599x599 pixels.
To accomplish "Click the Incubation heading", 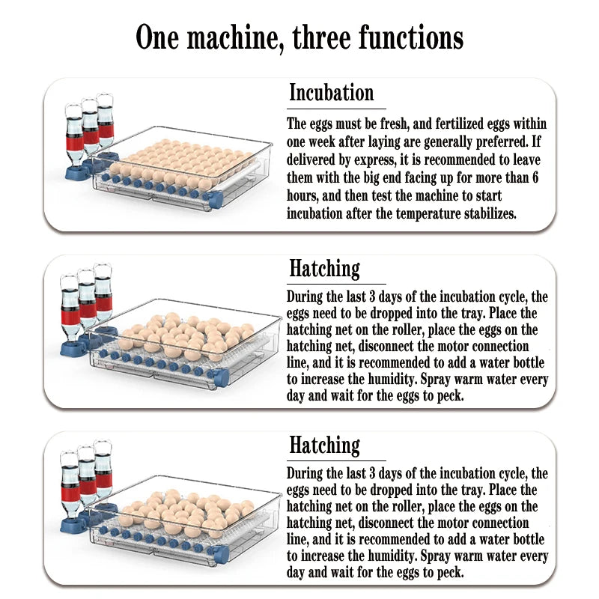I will tap(331, 94).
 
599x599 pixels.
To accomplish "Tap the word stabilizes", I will tap(491, 213).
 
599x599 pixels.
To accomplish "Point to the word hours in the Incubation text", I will tap(304, 196).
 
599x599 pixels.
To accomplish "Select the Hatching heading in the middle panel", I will tap(324, 269).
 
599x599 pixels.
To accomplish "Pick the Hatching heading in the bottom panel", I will tap(324, 446).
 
